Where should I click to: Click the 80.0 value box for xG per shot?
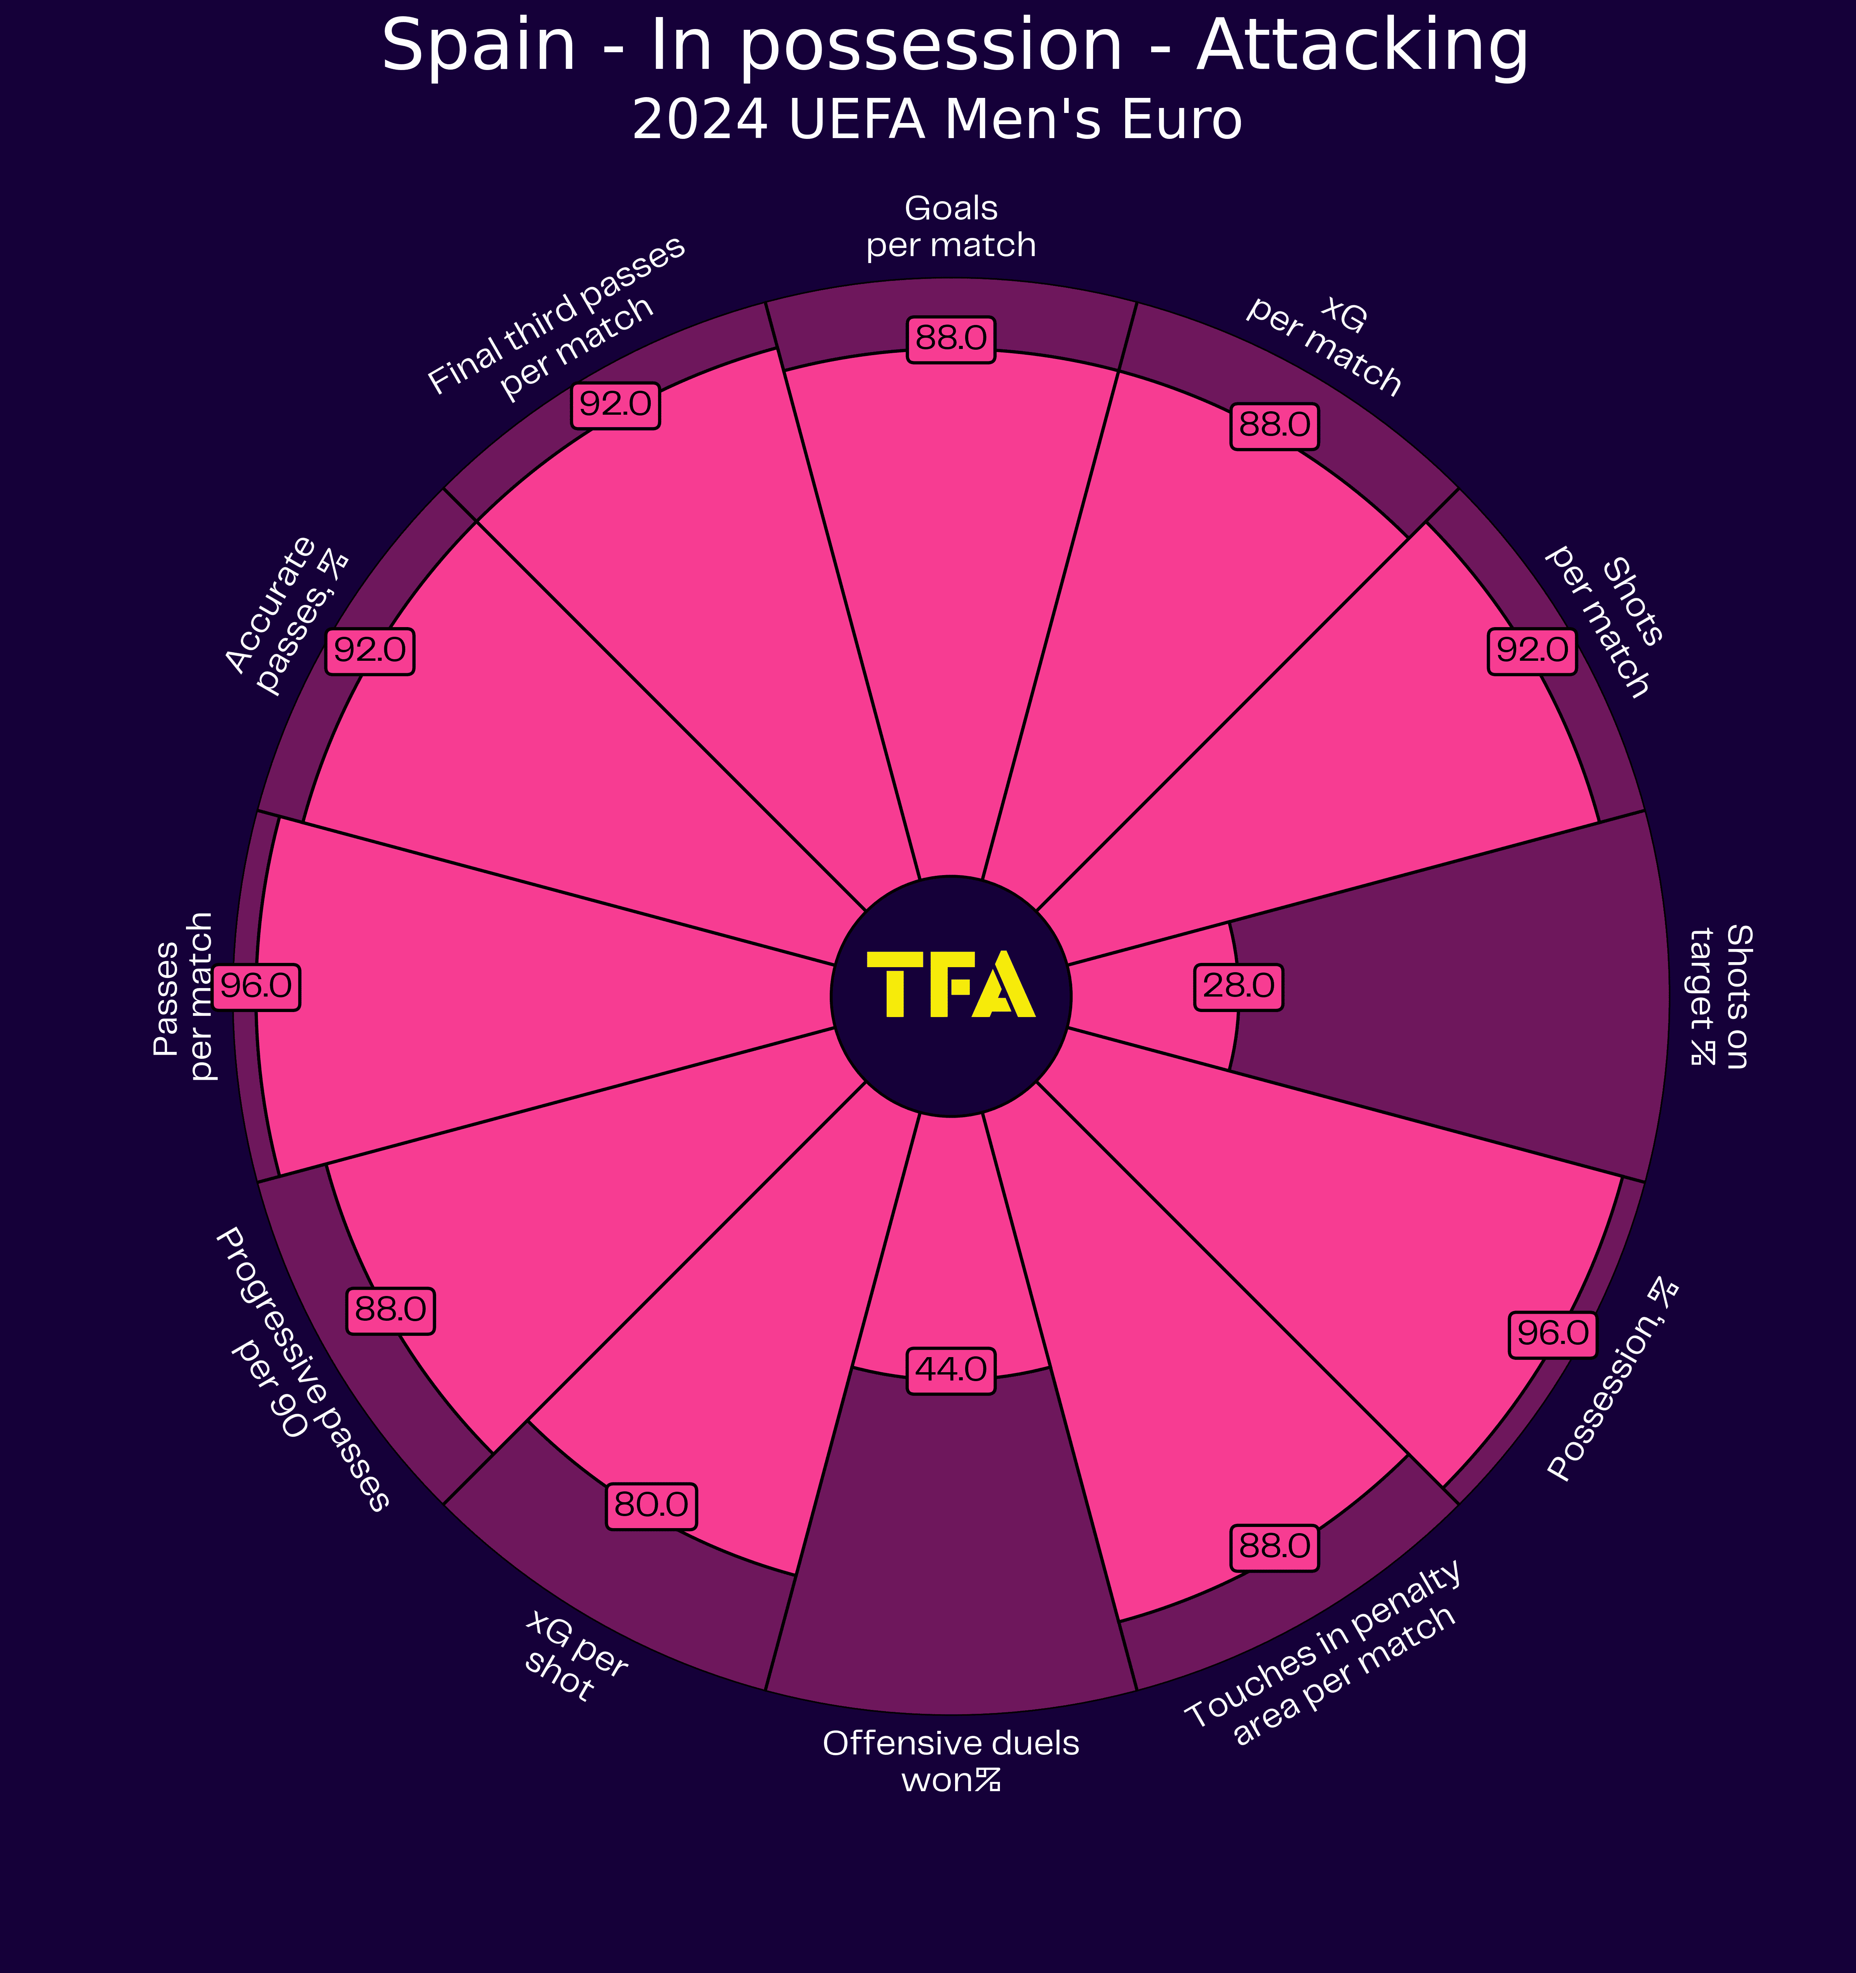point(651,1506)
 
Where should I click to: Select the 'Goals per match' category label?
point(950,227)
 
